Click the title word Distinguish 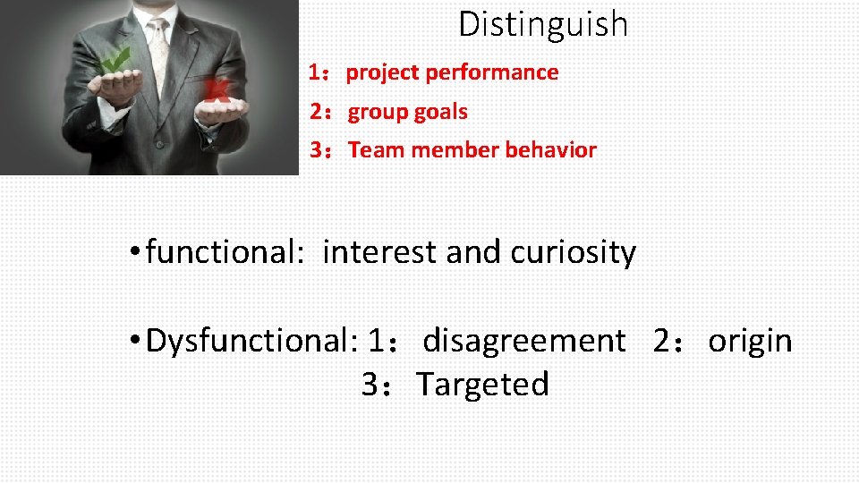[543, 24]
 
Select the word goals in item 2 [440, 113]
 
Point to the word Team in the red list [376, 150]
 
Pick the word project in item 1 [383, 73]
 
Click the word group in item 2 [376, 113]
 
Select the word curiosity [573, 253]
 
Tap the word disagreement [523, 341]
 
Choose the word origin [750, 341]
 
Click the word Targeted [482, 385]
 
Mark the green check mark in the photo [115, 61]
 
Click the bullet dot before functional [132, 253]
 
